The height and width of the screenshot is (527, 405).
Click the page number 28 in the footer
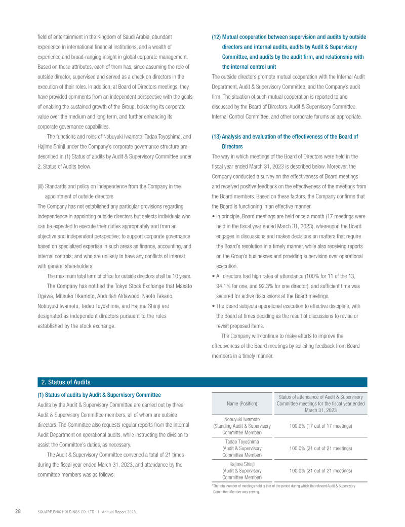(x=17, y=512)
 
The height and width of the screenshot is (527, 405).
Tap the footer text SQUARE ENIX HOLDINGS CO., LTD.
(x=67, y=512)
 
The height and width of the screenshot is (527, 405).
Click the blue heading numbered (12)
(x=289, y=52)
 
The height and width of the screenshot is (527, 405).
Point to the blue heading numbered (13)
(x=285, y=141)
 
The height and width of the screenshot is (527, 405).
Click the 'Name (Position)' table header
(x=242, y=403)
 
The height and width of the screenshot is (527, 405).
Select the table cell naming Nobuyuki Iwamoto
(x=242, y=426)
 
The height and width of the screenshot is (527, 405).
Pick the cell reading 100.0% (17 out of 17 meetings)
(x=320, y=426)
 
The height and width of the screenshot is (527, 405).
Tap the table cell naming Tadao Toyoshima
(x=242, y=448)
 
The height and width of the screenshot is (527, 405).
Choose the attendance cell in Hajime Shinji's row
(x=320, y=470)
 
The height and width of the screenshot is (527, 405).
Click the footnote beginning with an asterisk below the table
(x=283, y=488)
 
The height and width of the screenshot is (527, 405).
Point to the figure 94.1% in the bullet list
(x=225, y=286)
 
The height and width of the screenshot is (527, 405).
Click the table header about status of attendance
(x=320, y=403)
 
